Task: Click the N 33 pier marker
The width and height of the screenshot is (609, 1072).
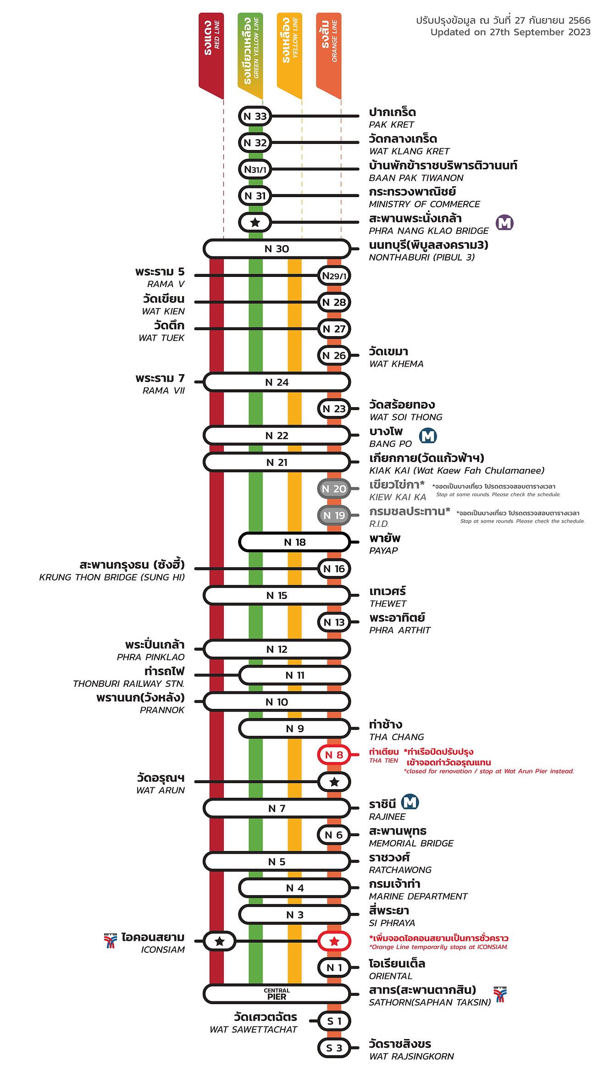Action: tap(255, 116)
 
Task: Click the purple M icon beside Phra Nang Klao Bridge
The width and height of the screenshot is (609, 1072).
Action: tap(504, 223)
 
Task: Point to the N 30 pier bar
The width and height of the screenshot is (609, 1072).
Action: tap(277, 249)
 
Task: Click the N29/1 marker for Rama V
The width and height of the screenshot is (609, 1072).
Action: tap(334, 276)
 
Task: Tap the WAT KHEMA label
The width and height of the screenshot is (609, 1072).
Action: tap(396, 364)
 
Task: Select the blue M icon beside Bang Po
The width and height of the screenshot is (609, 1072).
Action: tap(428, 436)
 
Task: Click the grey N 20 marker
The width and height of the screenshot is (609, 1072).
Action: tap(334, 489)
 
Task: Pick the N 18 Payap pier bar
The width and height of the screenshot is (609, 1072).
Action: tap(294, 542)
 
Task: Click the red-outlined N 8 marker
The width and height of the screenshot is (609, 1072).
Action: tap(334, 755)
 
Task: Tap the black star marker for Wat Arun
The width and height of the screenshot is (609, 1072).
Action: tap(334, 782)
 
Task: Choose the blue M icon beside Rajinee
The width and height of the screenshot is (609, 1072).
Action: tap(410, 802)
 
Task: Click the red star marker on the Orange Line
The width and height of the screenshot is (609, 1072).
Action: tap(334, 941)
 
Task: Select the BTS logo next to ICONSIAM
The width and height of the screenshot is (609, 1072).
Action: tap(111, 941)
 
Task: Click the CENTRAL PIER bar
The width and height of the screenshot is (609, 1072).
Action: tap(277, 994)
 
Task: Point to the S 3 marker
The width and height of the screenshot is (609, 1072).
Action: tap(334, 1048)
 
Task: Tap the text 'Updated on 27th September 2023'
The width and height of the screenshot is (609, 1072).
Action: tap(510, 32)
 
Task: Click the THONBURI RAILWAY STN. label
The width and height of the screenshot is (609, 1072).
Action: tap(128, 684)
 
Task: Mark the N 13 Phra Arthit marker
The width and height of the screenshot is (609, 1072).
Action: tap(334, 622)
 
